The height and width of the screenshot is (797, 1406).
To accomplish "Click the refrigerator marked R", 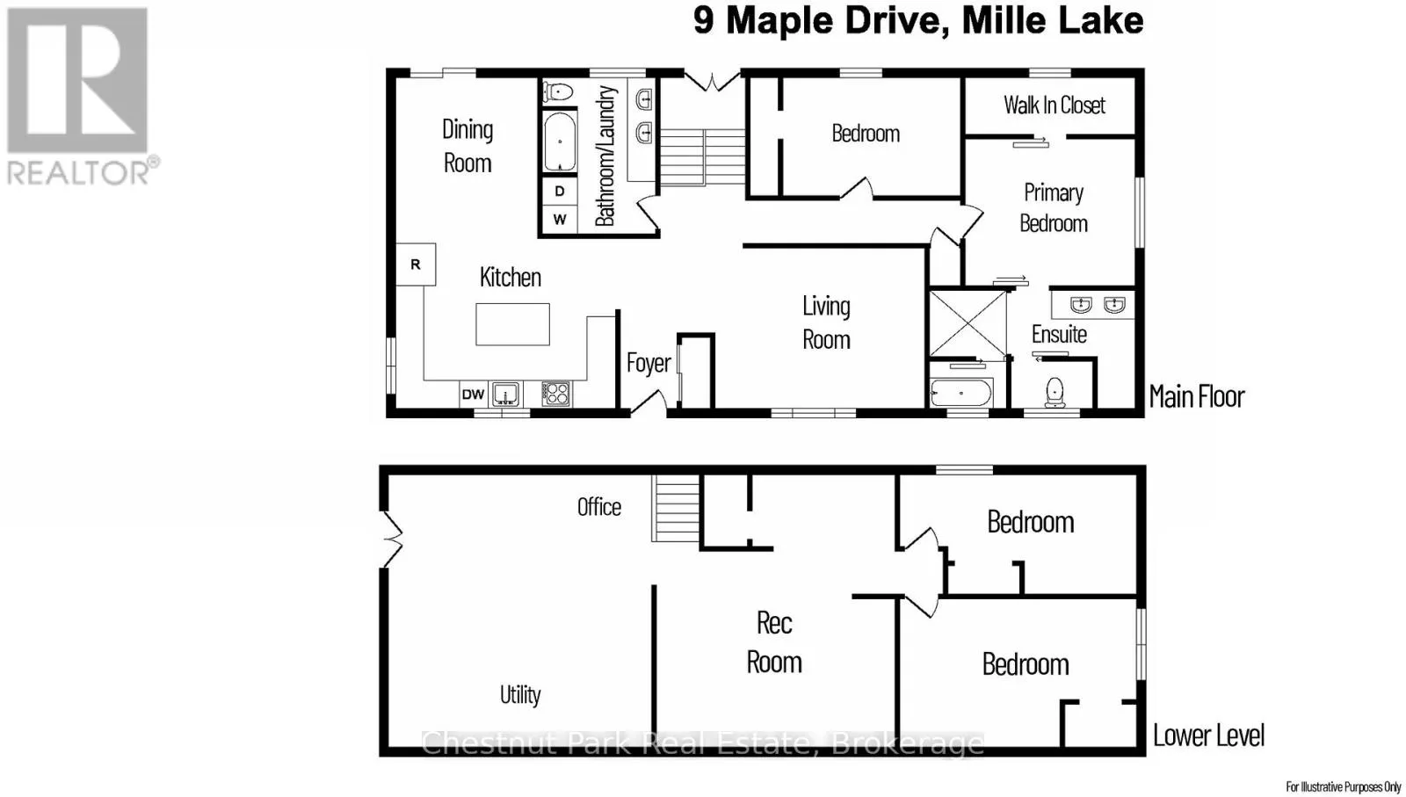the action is pos(416,264).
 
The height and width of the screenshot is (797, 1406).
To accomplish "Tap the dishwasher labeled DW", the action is pos(474,395).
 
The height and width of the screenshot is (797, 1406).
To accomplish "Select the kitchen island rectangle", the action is pos(512,324).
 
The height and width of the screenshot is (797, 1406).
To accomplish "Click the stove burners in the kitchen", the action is pos(555,394).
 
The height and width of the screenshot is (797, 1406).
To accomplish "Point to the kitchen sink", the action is pos(505,395).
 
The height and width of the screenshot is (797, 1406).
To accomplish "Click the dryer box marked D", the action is pos(559,191).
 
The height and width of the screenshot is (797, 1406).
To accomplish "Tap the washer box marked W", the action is pos(559,219).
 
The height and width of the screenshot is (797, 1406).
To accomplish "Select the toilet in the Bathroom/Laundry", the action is pos(559,92).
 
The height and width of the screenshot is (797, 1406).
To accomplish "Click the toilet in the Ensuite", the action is pos(1055,392).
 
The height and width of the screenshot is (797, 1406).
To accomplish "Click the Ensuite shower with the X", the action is pos(968,323).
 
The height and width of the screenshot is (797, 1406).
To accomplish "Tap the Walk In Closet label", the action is pos(1054,105).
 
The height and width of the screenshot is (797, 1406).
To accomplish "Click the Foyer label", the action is pos(649,363).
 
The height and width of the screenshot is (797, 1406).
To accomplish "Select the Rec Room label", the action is pos(774,642).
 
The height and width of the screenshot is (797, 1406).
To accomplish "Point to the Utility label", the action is pos(519,695).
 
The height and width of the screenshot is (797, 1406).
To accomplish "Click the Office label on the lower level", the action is pos(598,507).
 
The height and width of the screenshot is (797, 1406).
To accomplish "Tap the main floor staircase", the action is pos(702,157).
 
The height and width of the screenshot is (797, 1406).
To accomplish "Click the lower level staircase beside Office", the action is pos(676,508).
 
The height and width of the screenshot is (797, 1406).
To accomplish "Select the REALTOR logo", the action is pos(83,98).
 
